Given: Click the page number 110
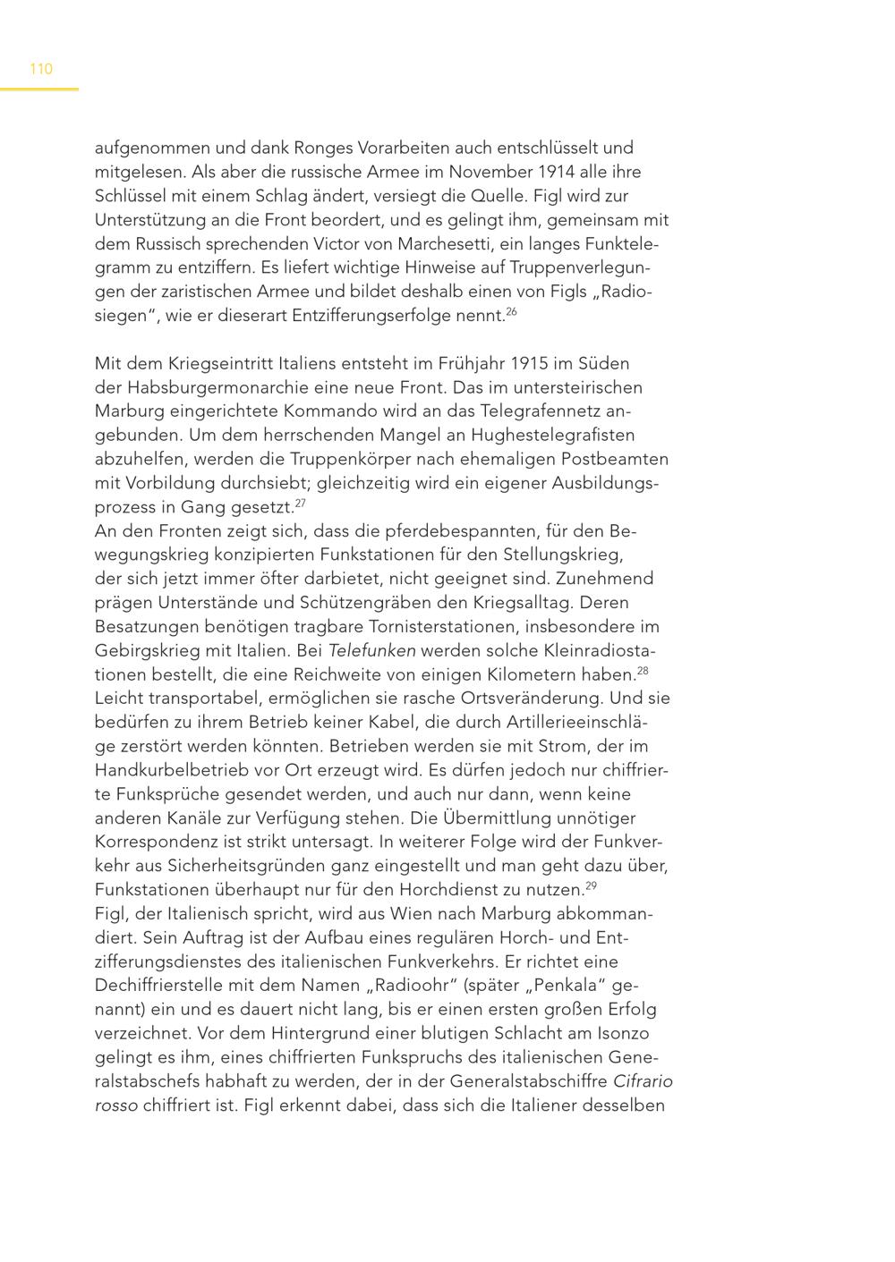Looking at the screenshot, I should [41, 69].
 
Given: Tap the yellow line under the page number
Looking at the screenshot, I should [39, 89].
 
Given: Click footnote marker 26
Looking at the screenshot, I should [511, 311].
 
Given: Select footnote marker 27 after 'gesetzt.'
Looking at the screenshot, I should [300, 503].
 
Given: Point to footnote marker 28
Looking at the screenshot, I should [642, 670].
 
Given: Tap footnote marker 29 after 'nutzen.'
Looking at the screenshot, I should [591, 885].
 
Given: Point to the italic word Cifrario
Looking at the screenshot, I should [643, 1081].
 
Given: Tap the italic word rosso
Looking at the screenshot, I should [116, 1105].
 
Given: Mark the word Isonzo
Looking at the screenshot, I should [621, 1034].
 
